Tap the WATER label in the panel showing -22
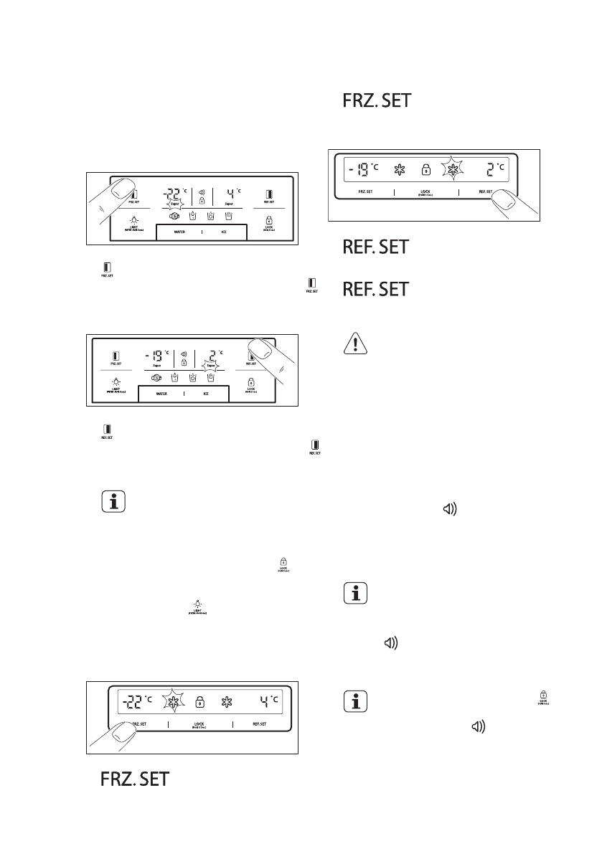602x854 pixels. tap(179, 232)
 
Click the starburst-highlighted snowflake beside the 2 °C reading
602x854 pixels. tap(453, 169)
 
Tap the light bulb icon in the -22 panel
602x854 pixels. tap(133, 219)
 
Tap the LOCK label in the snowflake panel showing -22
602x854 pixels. tap(199, 724)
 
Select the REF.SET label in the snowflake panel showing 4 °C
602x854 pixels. tap(259, 724)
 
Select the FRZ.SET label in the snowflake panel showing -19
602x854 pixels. tap(368, 192)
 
